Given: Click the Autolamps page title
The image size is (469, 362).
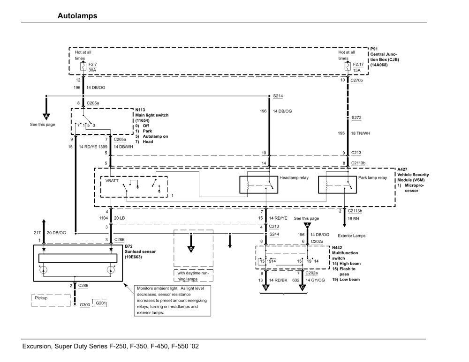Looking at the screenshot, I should tap(77, 16).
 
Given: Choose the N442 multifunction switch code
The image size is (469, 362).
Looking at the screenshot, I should tap(337, 247).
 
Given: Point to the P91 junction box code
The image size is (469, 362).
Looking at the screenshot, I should tap(374, 49).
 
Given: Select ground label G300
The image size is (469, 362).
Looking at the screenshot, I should tap(84, 305).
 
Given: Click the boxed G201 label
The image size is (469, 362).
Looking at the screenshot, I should tap(101, 303).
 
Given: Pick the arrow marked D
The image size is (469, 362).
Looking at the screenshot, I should tap(191, 248).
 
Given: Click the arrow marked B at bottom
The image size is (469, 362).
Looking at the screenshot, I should tap(266, 287).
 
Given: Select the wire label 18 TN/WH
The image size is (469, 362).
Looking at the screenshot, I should tap(361, 133).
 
